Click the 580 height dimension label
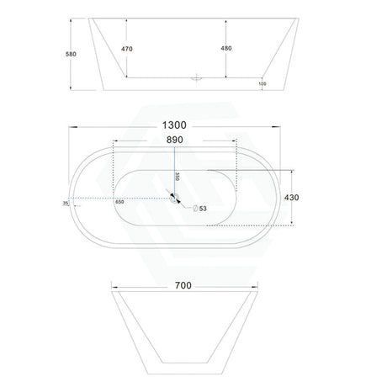coord(71,54)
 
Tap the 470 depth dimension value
coord(127,49)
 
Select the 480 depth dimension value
coord(226,48)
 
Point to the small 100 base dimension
coord(262,83)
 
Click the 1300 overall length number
coord(174,125)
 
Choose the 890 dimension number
coord(175,140)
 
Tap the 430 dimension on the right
coord(292,198)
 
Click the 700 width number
coord(183,285)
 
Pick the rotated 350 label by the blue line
coord(178,177)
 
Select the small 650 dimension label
coord(119,202)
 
